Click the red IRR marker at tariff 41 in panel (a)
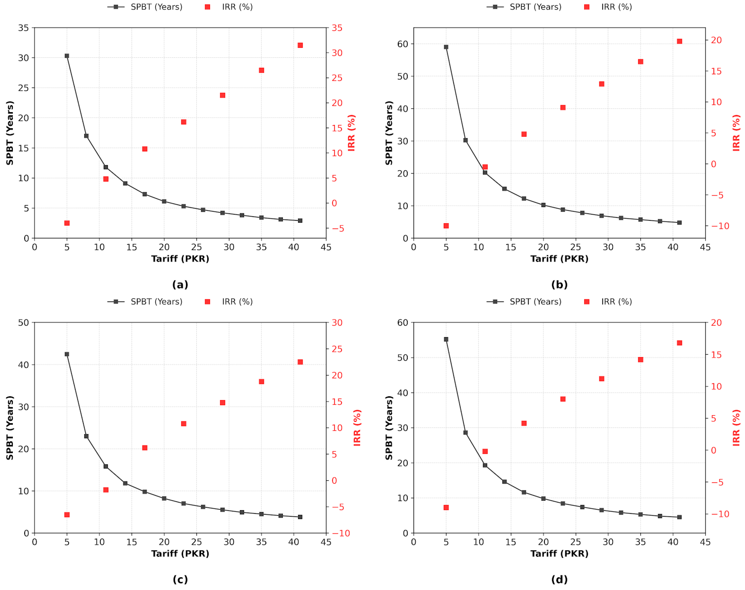coord(300,45)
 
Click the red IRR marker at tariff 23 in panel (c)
coord(184,424)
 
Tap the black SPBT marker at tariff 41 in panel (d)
coord(679,517)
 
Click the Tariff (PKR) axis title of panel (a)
coord(180,259)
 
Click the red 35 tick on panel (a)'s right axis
coord(337,28)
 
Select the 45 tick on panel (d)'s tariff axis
coord(705,542)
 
